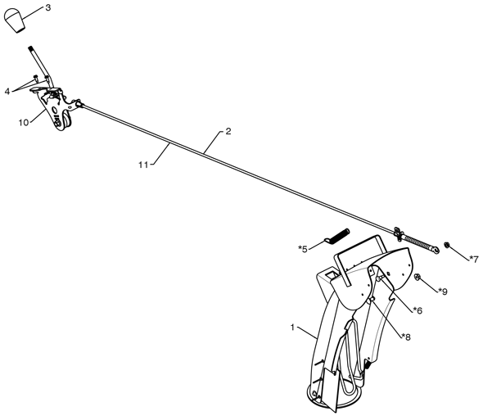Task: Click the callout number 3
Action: click(48, 8)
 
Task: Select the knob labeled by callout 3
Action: click(15, 20)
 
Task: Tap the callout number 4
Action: click(7, 91)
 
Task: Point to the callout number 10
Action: click(24, 122)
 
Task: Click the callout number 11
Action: click(143, 165)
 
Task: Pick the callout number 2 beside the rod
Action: click(228, 131)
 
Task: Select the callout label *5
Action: click(303, 249)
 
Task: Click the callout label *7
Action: click(474, 259)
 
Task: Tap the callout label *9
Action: click(443, 292)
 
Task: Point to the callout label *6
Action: click(418, 310)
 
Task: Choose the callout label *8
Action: click(406, 337)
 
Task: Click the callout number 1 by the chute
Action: click(292, 328)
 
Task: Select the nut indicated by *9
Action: click(418, 277)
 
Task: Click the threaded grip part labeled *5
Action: click(337, 236)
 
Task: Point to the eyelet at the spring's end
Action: click(436, 251)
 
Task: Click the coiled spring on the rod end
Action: click(418, 243)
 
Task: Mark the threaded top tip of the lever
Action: click(31, 48)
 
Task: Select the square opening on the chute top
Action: click(332, 274)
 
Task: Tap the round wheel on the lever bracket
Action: click(66, 122)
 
